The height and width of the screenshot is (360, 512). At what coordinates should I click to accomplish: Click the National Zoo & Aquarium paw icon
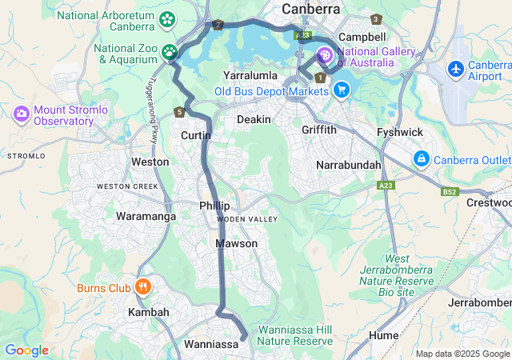170,53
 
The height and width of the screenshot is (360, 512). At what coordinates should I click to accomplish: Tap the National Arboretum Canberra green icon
168,19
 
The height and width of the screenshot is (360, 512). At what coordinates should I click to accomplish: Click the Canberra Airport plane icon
456,70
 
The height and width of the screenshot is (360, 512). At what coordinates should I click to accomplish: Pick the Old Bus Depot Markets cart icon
342,90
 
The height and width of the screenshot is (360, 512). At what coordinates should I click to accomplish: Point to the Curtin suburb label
196,136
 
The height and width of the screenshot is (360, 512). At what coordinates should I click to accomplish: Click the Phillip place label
214,206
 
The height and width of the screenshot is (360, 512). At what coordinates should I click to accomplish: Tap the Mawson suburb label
237,243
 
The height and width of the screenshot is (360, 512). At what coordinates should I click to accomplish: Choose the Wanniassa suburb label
212,344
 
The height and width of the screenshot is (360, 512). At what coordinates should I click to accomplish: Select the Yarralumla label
250,75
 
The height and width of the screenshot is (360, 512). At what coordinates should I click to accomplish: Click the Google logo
26,350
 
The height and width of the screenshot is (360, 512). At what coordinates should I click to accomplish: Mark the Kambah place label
149,312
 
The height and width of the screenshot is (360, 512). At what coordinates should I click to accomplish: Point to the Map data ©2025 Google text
462,354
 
